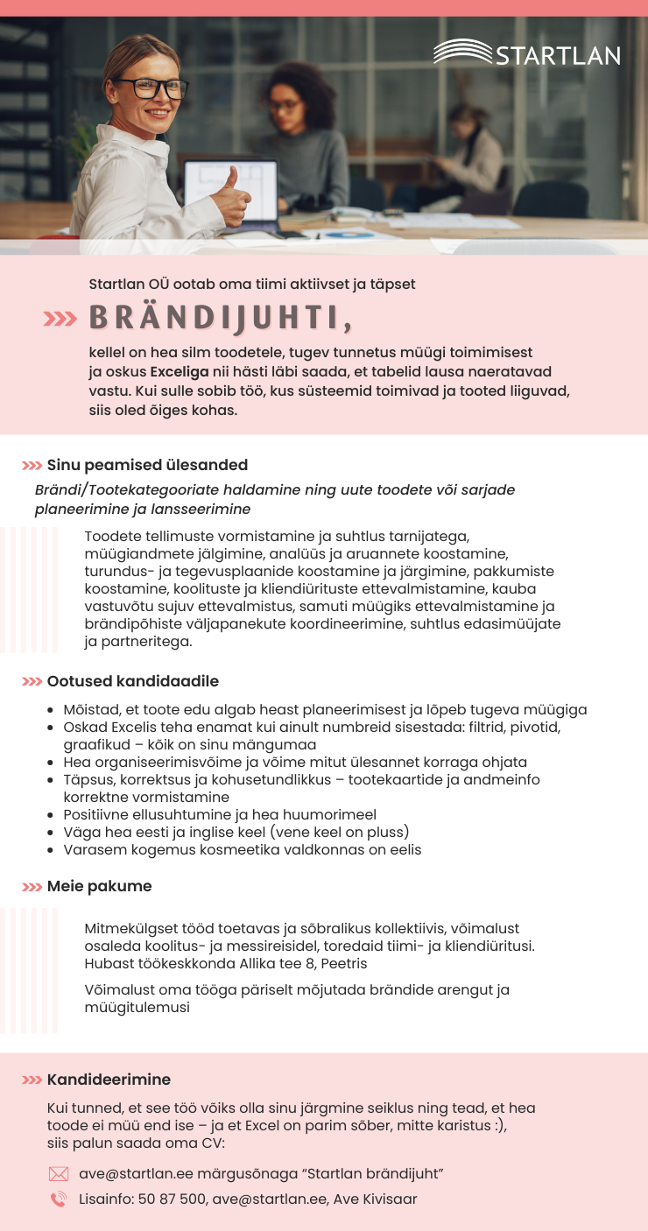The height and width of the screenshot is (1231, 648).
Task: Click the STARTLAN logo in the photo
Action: click(x=527, y=53)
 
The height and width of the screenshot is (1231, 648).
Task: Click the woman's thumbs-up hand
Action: click(x=231, y=198)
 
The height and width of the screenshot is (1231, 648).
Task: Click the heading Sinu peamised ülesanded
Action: click(x=147, y=465)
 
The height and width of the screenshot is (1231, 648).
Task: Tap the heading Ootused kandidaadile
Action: click(x=133, y=681)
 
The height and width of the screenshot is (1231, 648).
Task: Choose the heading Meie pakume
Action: click(x=100, y=886)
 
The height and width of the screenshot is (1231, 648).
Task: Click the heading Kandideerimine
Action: click(x=109, y=1080)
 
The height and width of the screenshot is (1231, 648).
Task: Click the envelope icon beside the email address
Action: click(x=59, y=1174)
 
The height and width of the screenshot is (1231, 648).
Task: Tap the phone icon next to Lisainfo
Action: click(x=59, y=1199)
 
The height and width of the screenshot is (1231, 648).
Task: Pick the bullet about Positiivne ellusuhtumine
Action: click(x=220, y=814)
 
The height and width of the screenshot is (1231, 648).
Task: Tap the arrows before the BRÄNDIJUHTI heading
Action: click(x=61, y=320)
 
